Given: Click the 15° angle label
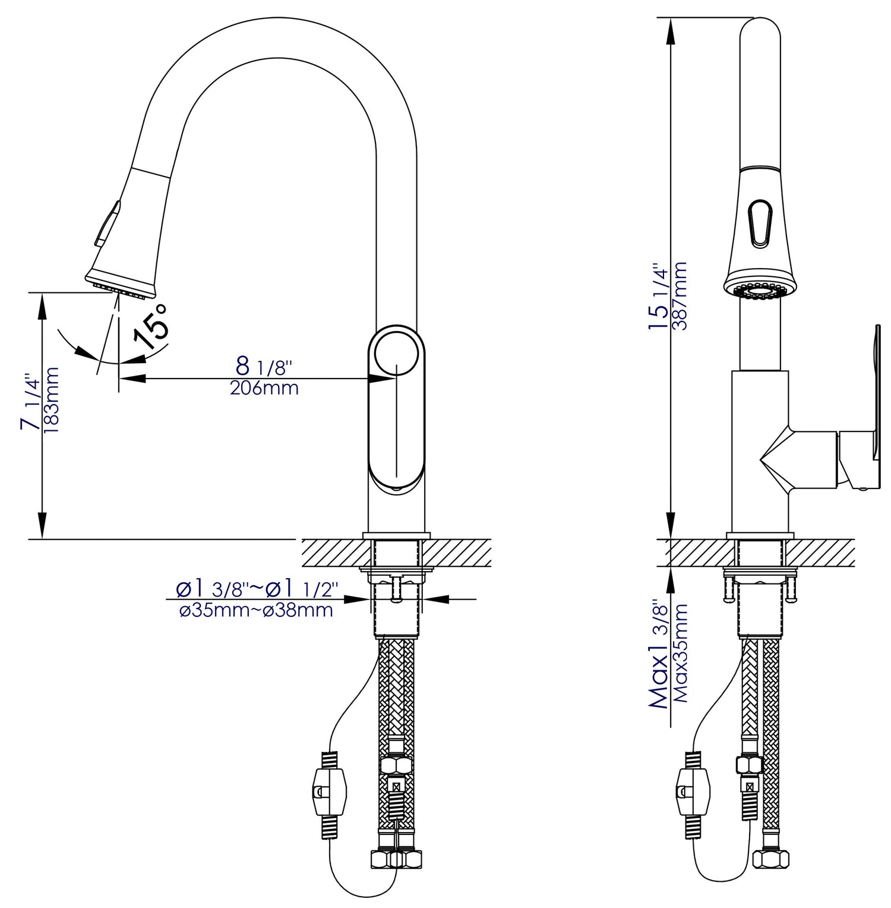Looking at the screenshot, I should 151,326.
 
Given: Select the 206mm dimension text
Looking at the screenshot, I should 264,389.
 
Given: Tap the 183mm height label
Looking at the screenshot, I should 52,400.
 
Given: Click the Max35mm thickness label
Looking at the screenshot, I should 681,654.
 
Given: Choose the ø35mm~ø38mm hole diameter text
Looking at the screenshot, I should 256,610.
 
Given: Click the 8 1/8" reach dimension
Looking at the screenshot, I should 262,367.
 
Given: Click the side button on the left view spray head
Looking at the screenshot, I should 105,223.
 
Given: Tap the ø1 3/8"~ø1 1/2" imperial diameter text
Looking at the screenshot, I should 256,589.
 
